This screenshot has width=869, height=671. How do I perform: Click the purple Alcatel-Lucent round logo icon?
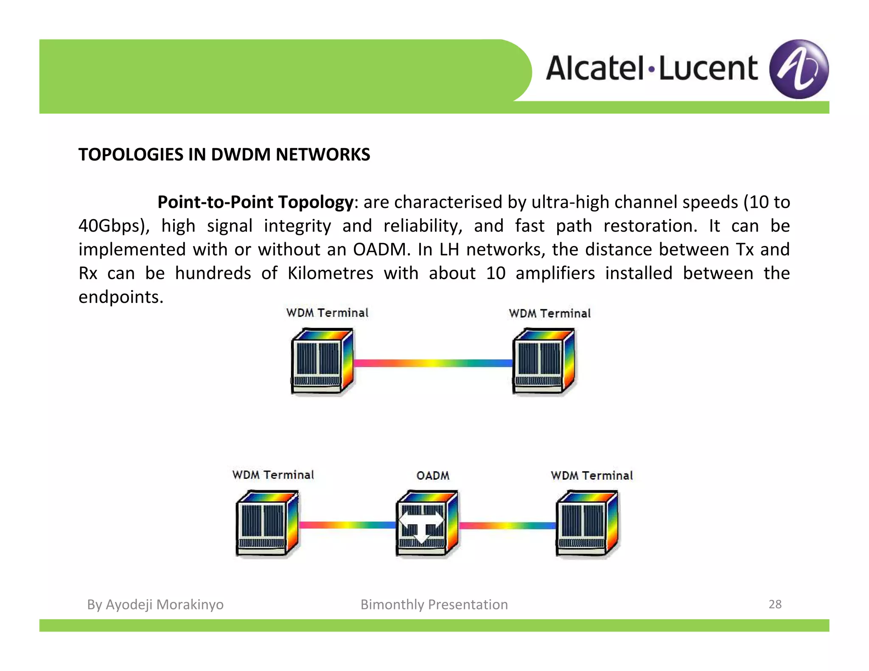click(799, 69)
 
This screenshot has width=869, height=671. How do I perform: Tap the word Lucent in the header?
click(708, 69)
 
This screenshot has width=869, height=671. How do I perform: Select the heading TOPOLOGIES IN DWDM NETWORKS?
click(224, 155)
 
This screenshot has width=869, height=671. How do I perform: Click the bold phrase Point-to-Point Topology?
click(255, 202)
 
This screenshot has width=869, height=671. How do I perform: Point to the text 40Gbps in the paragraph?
click(112, 226)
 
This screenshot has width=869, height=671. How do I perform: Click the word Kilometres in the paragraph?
click(330, 273)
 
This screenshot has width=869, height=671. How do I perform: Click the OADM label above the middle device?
click(432, 475)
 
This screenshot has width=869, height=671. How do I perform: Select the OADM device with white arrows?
click(427, 524)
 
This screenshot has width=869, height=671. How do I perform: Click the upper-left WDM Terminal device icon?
click(322, 361)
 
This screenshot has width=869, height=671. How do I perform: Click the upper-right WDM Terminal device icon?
click(544, 361)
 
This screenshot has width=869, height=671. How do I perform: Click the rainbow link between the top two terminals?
click(433, 363)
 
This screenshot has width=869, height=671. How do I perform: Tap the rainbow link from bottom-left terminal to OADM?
click(347, 525)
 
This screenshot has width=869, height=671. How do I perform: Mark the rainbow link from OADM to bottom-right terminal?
click(507, 526)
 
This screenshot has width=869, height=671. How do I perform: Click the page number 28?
click(775, 604)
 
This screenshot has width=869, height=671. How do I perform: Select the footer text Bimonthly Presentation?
click(434, 604)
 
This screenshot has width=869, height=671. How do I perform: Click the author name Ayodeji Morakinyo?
click(164, 604)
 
